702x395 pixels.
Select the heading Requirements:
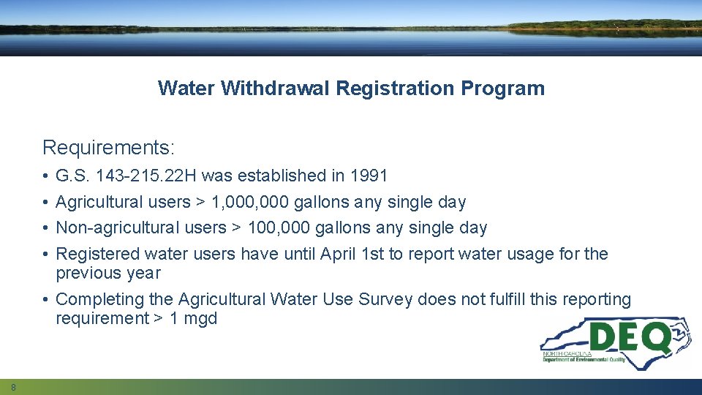coord(109,148)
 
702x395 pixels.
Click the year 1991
coord(369,176)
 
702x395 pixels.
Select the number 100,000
coord(279,227)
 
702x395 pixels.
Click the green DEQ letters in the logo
coord(628,337)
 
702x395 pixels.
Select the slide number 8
coord(13,386)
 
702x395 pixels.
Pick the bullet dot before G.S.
coord(45,176)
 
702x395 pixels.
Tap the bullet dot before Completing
coord(45,300)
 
